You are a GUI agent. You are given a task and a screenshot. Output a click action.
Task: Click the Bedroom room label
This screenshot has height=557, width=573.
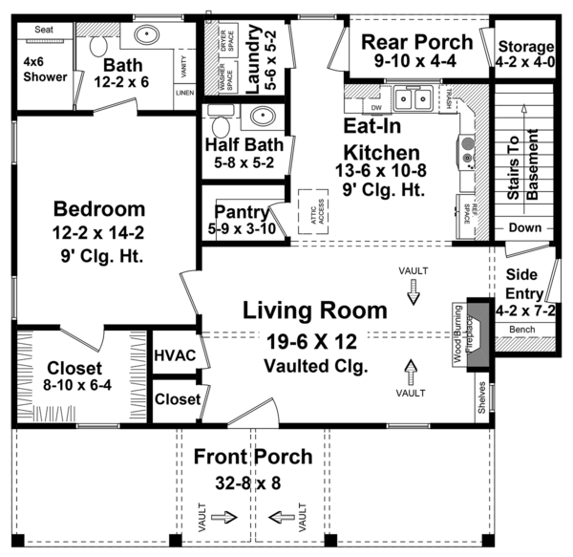point(99,209)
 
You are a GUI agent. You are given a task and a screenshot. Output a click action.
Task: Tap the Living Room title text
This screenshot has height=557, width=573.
point(314,311)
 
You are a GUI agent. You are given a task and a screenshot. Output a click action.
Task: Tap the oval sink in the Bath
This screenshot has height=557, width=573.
point(147,37)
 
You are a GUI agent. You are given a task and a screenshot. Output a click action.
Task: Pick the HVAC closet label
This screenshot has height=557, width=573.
point(175,355)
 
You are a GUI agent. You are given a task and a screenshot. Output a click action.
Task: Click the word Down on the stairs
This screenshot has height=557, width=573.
point(525,228)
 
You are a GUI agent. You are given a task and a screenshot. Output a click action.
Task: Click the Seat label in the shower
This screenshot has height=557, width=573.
point(44,30)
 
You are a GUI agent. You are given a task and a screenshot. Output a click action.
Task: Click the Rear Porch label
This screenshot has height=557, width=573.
point(416,42)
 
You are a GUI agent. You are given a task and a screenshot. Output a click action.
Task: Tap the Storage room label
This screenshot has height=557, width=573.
point(524,47)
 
